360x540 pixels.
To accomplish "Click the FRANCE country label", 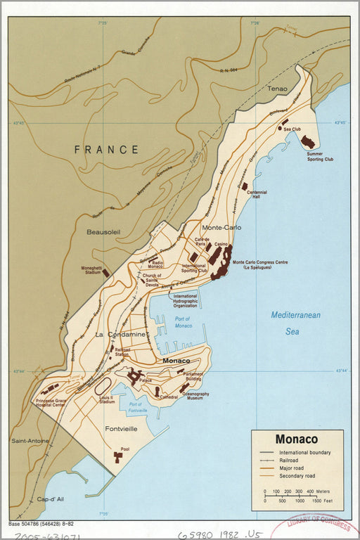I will (106, 149).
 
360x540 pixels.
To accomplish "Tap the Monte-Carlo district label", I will (221, 229).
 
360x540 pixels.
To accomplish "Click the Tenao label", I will (278, 89).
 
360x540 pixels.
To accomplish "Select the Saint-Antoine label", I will (30, 441).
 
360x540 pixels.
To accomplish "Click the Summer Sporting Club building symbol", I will (307, 141).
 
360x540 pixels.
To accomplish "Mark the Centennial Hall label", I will (256, 195).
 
